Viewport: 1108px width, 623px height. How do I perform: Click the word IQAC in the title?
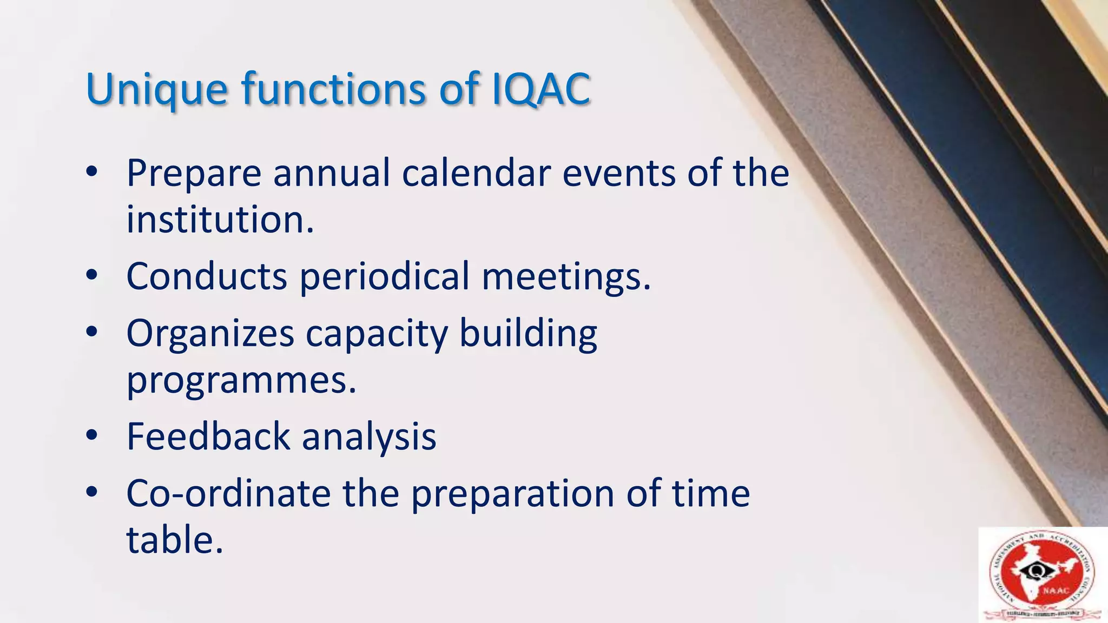541,89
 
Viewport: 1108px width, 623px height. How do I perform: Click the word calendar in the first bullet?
476,174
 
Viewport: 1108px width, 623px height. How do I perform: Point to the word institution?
219,220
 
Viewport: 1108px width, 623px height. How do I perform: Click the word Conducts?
206,276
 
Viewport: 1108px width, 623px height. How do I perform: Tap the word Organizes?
210,334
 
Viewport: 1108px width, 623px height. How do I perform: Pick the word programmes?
241,380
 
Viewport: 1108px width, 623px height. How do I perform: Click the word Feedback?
208,436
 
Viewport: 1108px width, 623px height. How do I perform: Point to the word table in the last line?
174,540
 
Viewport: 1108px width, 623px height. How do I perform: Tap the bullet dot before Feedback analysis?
91,435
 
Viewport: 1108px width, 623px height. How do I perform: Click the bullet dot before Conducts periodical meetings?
91,275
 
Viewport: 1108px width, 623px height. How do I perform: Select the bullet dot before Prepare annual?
91,172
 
